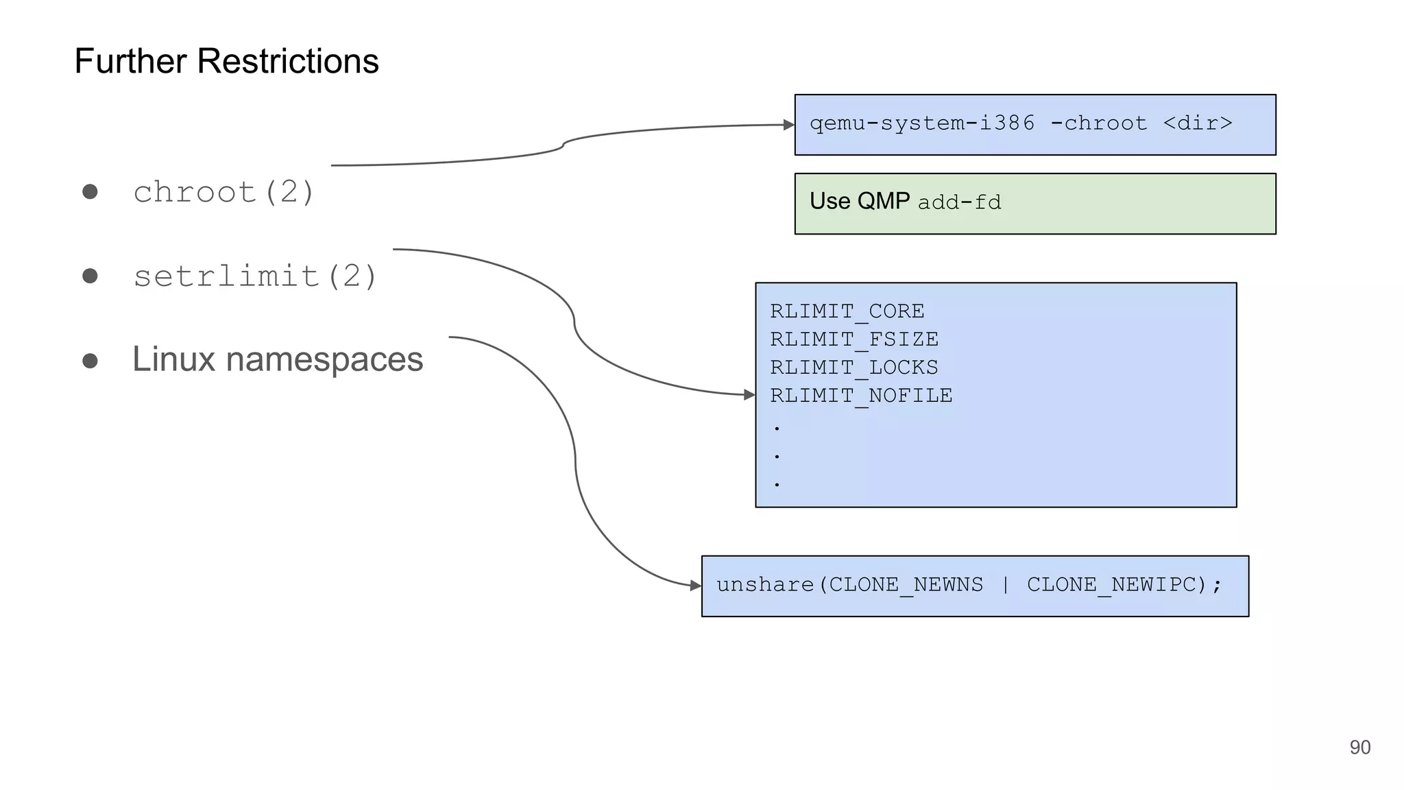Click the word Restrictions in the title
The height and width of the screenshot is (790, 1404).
coord(287,61)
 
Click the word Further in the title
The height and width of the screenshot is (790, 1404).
coord(130,61)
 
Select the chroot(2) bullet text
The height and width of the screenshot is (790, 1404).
coord(223,192)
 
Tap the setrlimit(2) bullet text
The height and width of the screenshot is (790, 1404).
coord(255,276)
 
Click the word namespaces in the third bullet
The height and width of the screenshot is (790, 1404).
coord(324,359)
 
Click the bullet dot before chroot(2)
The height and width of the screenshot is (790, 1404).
coord(90,191)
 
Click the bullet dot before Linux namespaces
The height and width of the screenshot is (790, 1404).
coord(90,361)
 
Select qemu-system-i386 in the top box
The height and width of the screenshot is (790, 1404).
coord(922,123)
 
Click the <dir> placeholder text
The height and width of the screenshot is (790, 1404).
coord(1198,123)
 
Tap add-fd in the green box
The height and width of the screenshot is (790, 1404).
coord(959,202)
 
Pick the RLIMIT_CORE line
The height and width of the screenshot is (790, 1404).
coord(847,311)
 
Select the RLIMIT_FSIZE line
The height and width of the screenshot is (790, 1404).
coord(854,339)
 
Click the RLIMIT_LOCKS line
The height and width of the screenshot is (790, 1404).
coord(854,368)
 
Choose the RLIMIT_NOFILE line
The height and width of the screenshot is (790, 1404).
coord(861,396)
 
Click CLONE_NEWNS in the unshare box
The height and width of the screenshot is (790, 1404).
coord(906,585)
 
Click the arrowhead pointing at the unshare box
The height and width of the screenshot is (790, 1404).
coord(696,586)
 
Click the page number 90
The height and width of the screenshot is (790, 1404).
coord(1359,747)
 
